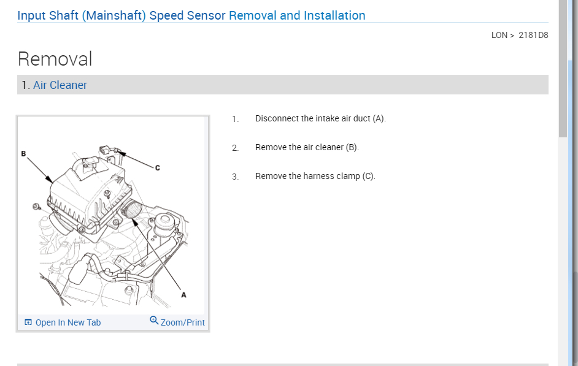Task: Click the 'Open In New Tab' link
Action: point(67,322)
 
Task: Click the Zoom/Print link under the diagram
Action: point(182,322)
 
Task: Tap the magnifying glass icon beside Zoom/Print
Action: point(154,321)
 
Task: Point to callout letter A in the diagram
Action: point(183,295)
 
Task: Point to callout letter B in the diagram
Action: point(23,153)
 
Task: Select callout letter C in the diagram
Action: point(157,167)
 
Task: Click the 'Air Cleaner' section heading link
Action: point(60,85)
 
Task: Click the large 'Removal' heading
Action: point(55,59)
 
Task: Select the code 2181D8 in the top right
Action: point(533,35)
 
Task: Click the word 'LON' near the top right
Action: point(499,35)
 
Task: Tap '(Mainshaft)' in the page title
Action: point(114,15)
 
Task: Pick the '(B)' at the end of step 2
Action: point(352,147)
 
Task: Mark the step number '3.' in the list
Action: point(235,177)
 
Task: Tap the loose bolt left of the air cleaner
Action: point(37,205)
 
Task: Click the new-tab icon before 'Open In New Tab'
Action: point(28,322)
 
